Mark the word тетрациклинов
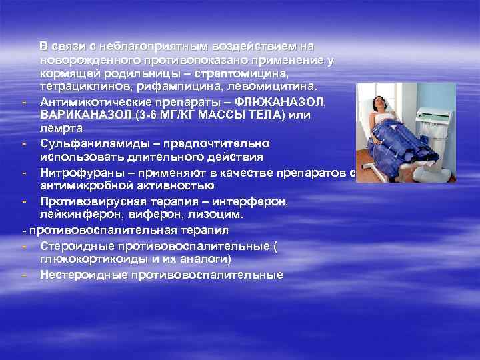tap(81, 87)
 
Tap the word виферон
tap(179, 215)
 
